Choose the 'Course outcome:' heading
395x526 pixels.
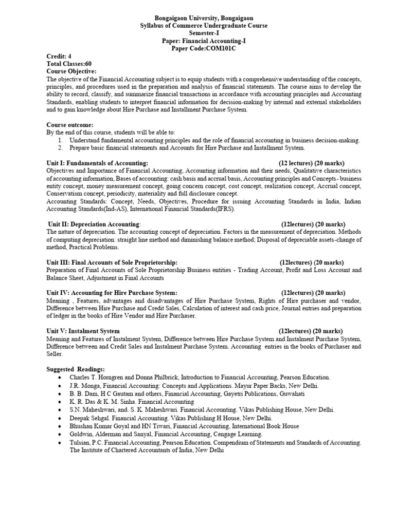tap(70, 125)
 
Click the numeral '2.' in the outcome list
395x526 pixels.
tap(60, 148)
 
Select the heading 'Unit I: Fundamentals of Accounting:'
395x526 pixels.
tap(97, 163)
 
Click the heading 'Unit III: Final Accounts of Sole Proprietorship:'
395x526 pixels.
tap(112, 262)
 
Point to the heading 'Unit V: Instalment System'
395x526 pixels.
tap(83, 331)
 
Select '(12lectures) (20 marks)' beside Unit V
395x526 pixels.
tap(311, 331)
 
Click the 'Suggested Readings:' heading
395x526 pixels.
tap(76, 369)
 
